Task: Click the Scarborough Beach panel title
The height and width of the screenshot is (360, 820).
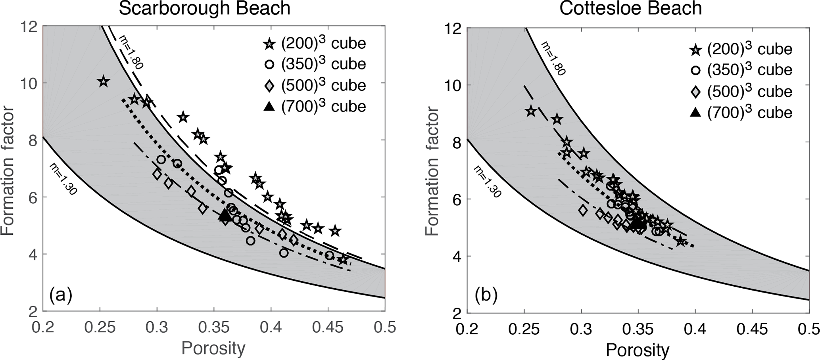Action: click(x=205, y=9)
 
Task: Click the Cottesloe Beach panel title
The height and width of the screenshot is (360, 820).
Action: click(x=630, y=9)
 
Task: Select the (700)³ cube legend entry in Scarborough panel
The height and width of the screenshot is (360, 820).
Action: click(x=315, y=106)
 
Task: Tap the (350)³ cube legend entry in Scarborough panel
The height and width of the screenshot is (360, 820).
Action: click(x=315, y=64)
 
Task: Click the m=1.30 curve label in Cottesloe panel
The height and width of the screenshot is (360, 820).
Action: click(x=488, y=181)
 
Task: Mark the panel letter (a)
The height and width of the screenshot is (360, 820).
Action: click(x=60, y=295)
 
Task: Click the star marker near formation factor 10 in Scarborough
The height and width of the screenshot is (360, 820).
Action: click(x=104, y=82)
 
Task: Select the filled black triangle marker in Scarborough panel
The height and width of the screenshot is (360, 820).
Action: click(x=225, y=215)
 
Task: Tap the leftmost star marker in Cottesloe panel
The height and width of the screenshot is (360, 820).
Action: click(x=531, y=111)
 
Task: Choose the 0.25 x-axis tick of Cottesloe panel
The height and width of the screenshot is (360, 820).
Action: click(x=524, y=329)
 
